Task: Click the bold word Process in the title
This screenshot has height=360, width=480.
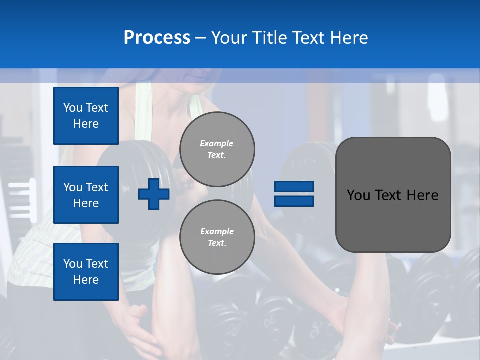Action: (x=157, y=38)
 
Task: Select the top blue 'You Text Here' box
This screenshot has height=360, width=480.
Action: (x=86, y=116)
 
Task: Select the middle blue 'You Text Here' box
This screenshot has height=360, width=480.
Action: (x=86, y=195)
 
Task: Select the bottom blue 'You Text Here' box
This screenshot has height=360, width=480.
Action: (x=86, y=272)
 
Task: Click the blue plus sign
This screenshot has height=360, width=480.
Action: (x=154, y=194)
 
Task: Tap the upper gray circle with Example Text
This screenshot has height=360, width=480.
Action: (x=217, y=149)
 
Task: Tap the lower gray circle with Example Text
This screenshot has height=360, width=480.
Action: (x=217, y=237)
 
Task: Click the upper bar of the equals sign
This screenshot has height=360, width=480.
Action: (x=294, y=187)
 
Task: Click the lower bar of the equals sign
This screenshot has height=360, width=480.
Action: (x=294, y=201)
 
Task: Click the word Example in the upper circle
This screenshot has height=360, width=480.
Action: (x=217, y=143)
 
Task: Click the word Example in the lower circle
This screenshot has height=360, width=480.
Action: (x=217, y=231)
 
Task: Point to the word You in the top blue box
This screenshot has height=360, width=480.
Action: (x=73, y=108)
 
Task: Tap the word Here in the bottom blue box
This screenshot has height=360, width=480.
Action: (x=86, y=280)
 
